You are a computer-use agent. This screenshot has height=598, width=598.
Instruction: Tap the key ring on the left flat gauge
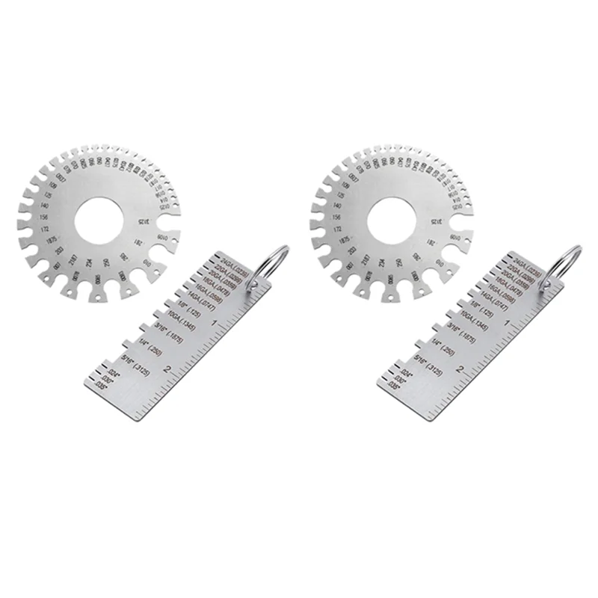click(x=274, y=262)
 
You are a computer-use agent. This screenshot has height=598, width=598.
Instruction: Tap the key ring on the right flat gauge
click(x=569, y=262)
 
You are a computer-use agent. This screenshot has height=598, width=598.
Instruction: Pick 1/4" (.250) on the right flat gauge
click(x=443, y=349)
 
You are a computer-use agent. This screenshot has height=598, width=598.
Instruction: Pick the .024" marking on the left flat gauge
click(x=112, y=373)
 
